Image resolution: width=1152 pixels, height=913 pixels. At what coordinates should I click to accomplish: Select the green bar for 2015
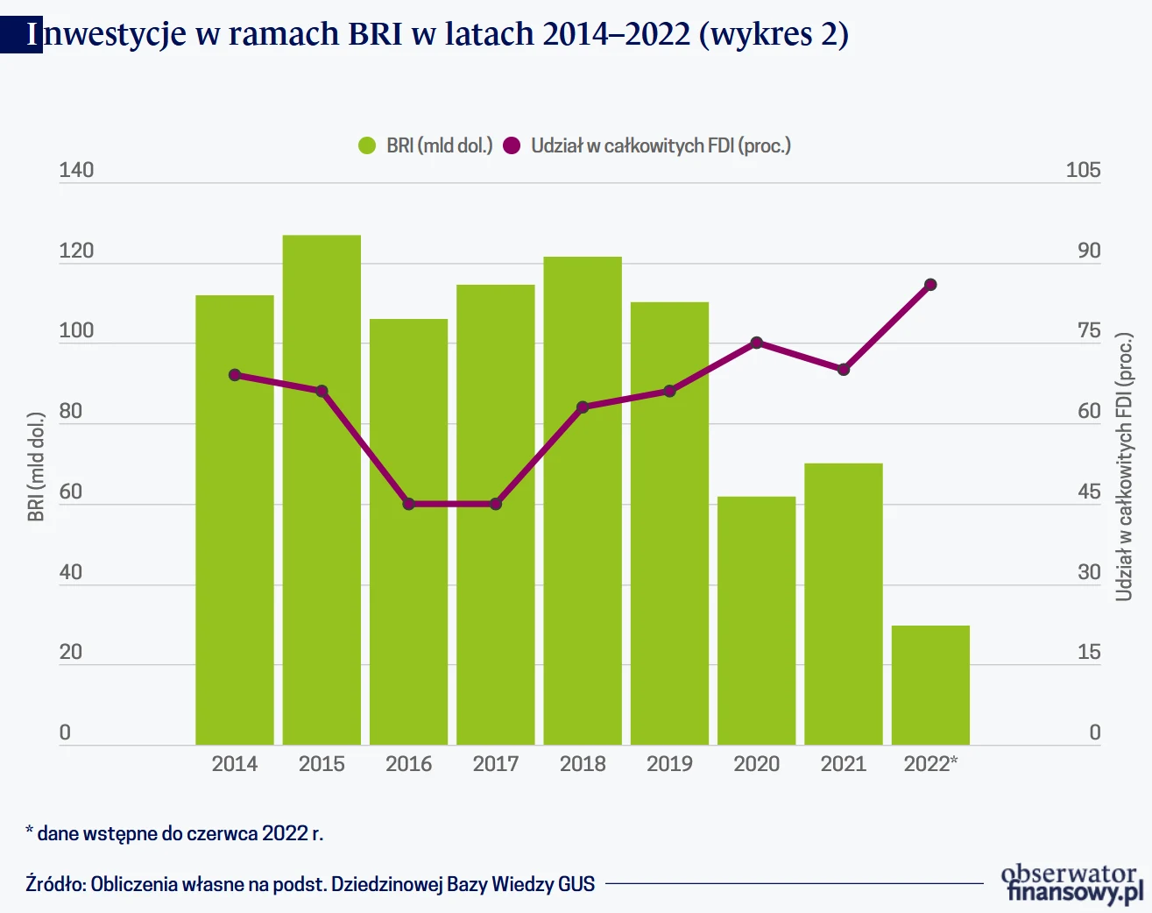pos(322,490)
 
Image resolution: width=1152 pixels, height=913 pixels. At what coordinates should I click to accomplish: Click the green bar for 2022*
pos(930,684)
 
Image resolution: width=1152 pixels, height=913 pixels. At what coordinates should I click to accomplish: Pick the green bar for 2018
pos(583,500)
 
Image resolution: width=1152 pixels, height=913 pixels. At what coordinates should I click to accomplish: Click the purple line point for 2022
pos(930,285)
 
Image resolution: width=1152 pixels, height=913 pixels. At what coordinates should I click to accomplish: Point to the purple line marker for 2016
pos(409,504)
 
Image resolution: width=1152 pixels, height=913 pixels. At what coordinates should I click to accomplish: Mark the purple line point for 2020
pos(757,343)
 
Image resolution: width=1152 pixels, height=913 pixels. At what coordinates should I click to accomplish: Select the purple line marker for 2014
pos(235,375)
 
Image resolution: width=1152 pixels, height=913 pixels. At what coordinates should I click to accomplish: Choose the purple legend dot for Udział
pos(512,145)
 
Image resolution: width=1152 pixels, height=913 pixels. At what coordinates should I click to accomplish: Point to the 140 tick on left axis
pos(76,170)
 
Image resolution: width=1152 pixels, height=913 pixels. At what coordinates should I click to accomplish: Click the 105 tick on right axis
pos(1083,170)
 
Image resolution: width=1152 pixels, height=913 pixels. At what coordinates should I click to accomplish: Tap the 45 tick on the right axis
pos(1089,492)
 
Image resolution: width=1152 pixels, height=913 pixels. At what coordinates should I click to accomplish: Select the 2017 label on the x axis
pos(496,764)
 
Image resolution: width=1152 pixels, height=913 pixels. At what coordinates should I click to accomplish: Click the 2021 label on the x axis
pos(844,764)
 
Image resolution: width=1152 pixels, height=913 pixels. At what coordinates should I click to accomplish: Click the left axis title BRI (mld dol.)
pos(36,466)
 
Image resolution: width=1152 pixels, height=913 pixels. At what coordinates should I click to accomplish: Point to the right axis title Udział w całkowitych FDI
pos(1124,467)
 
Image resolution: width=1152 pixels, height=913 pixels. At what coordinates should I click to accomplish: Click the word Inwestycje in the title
pos(106,33)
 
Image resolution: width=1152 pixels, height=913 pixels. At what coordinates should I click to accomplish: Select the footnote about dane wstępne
pos(175,833)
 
